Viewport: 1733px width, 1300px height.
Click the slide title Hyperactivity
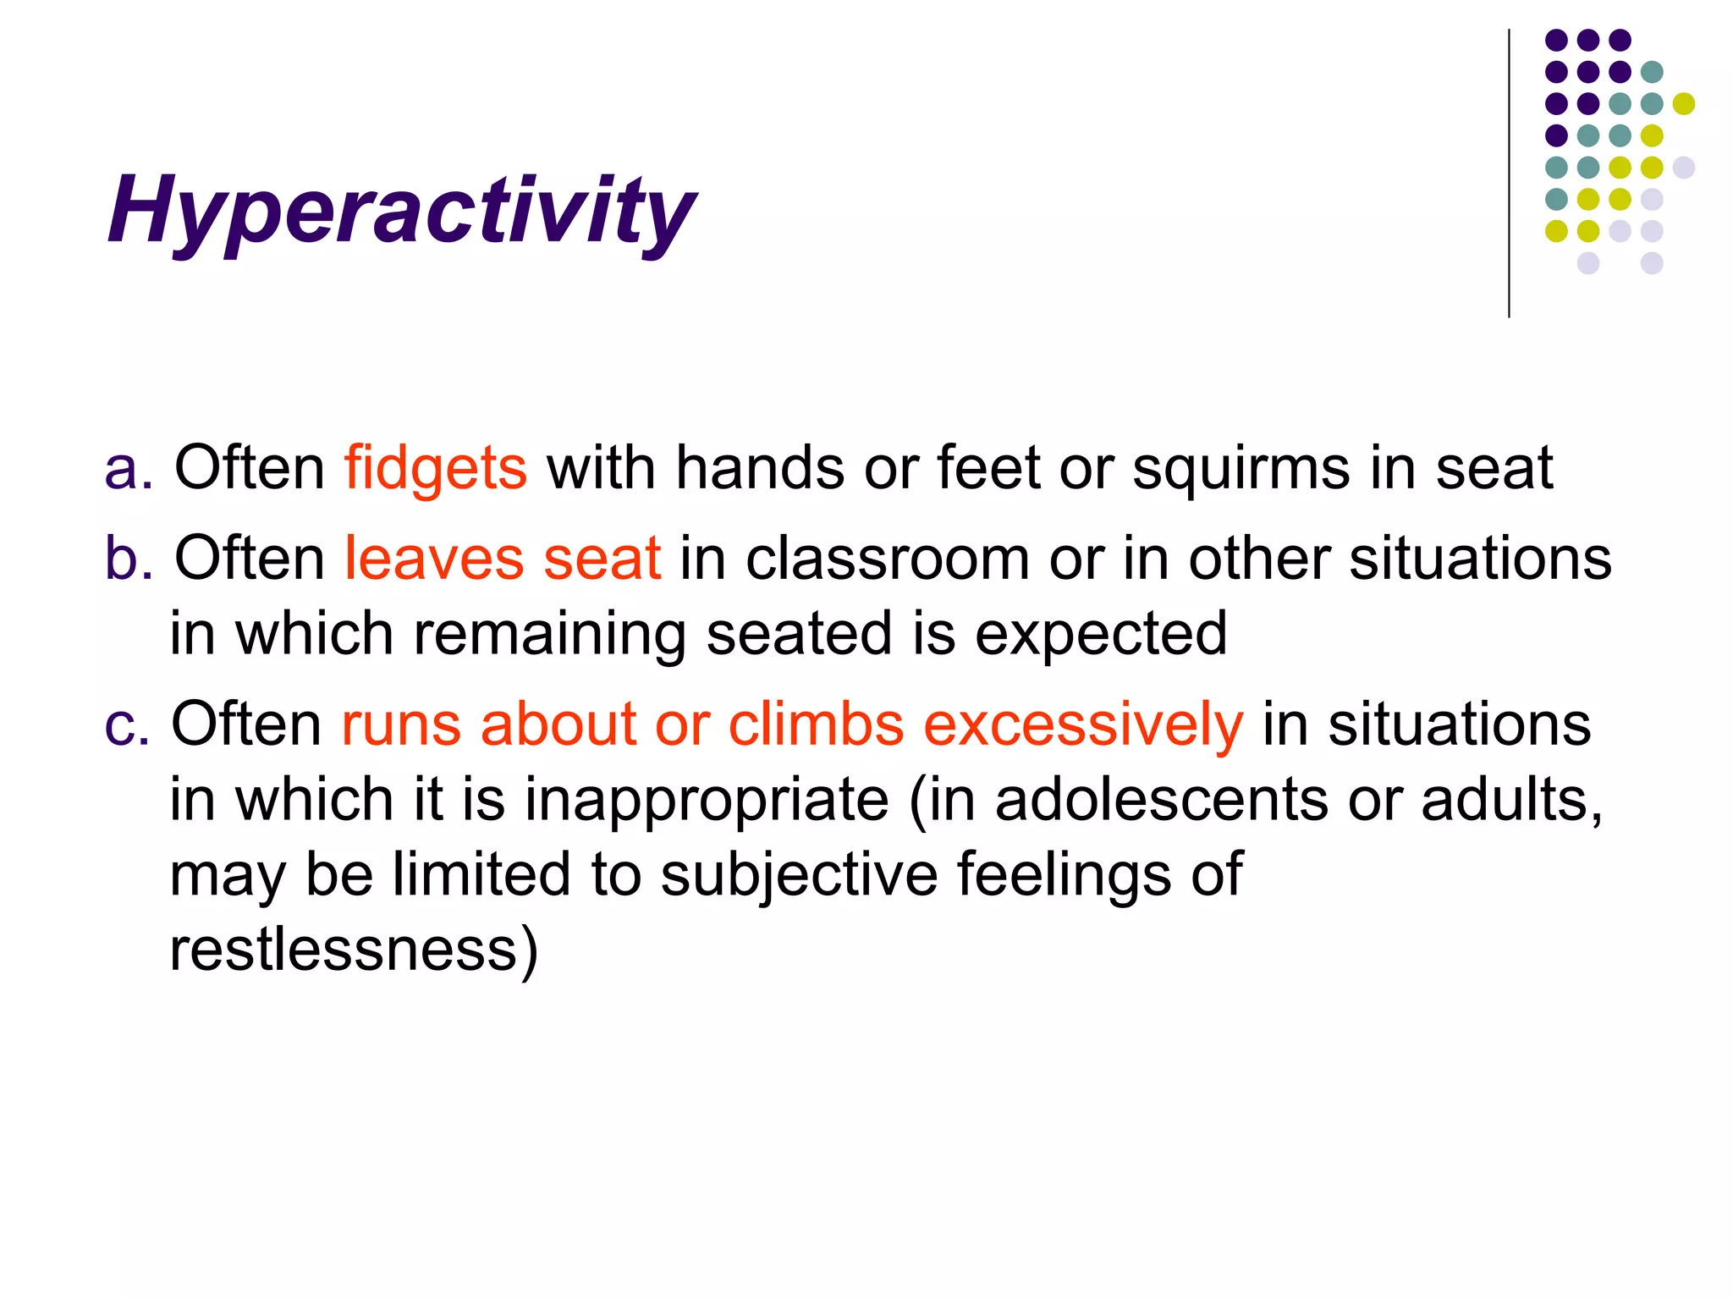point(401,209)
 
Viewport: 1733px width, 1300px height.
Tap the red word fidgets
point(435,468)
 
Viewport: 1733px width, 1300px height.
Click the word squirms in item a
point(1241,468)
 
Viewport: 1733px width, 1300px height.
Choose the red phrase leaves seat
point(502,559)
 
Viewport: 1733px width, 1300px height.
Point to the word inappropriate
point(707,800)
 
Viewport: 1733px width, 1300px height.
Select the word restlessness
point(344,950)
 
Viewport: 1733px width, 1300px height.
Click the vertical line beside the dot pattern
point(1509,174)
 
